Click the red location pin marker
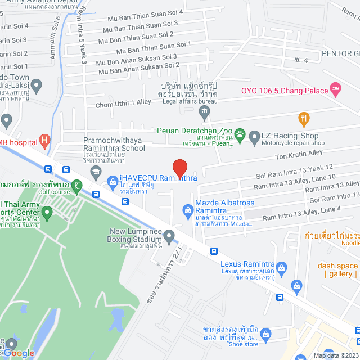pyautogui.click(x=179, y=168)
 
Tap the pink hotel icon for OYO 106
pyautogui.click(x=336, y=88)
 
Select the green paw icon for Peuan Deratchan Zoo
pyautogui.click(x=240, y=134)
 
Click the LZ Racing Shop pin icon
pyautogui.click(x=254, y=136)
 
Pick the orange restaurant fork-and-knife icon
pyautogui.click(x=304, y=118)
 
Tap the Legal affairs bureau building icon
pyautogui.click(x=204, y=112)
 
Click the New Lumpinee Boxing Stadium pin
pyautogui.click(x=169, y=235)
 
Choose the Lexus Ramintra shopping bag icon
pyautogui.click(x=283, y=266)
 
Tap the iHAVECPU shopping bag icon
pyautogui.click(x=111, y=182)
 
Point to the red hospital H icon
pyautogui.click(x=45, y=139)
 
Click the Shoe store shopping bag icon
pyautogui.click(x=266, y=334)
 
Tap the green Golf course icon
pyautogui.click(x=77, y=185)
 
